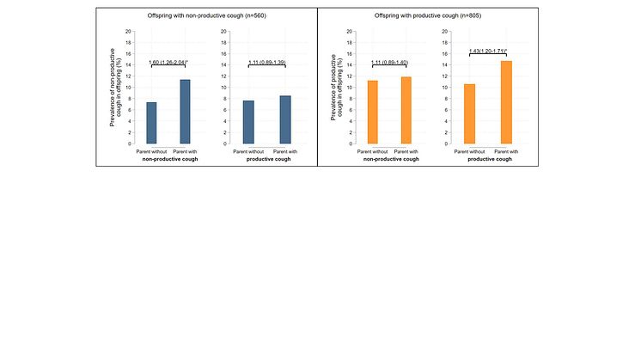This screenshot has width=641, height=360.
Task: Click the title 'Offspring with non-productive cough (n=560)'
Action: (x=206, y=16)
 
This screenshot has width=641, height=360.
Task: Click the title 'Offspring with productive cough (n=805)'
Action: (x=427, y=16)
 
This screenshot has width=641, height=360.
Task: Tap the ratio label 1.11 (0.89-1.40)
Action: (x=388, y=63)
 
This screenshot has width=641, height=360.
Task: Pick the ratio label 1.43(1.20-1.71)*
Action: (x=488, y=52)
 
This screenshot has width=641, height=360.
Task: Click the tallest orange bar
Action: (x=506, y=102)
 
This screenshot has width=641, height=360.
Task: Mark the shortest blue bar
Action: (x=151, y=123)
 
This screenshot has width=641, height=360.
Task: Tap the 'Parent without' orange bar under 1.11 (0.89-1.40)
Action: (x=372, y=112)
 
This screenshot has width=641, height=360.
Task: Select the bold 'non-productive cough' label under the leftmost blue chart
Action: (x=168, y=160)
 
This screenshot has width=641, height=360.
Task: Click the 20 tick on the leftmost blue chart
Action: (x=128, y=32)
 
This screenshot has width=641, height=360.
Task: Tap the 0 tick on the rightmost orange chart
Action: (x=448, y=143)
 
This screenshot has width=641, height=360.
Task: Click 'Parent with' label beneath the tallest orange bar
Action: (x=507, y=152)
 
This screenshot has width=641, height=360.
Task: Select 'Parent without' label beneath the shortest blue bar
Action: (x=151, y=152)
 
